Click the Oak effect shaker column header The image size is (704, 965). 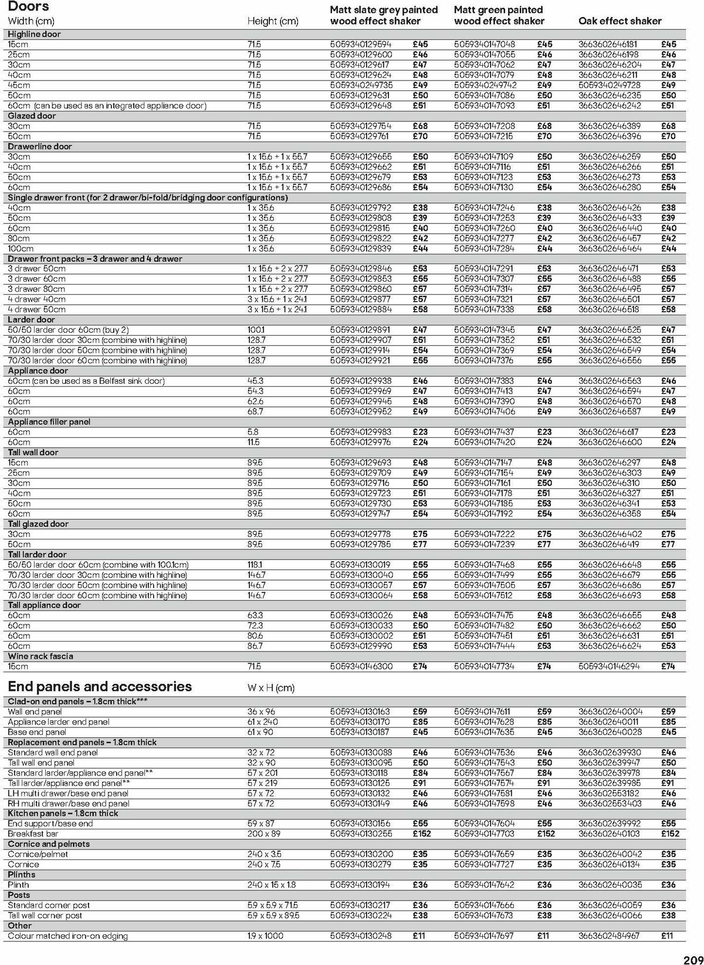point(620,21)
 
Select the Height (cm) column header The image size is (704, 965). point(272,21)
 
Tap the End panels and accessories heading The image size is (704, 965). point(100,686)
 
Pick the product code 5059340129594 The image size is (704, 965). point(360,44)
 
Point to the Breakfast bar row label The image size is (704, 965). point(33,834)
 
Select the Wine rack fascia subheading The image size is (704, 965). point(40,656)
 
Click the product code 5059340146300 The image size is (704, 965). point(361,666)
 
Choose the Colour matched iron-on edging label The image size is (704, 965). point(67,936)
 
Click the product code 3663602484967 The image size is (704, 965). point(609,936)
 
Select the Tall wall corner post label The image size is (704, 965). point(45,915)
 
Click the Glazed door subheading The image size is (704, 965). point(32,116)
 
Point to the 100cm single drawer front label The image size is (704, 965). point(21,248)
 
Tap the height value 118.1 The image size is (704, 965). point(256,565)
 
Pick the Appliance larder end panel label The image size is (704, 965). point(59,722)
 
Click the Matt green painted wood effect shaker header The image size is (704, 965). point(499,15)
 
